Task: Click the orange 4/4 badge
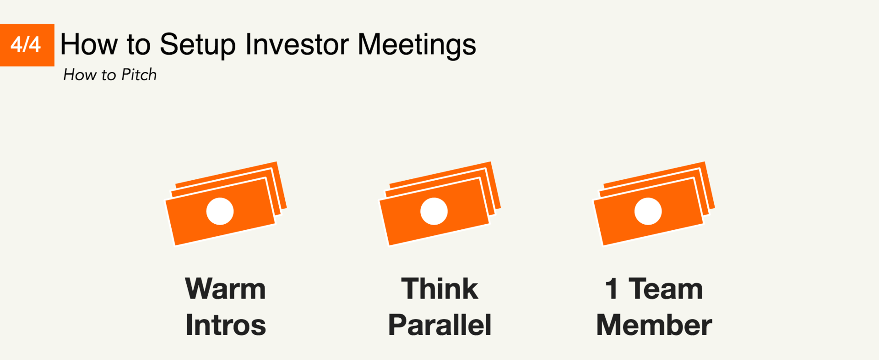pos(27,45)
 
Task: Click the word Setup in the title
pos(198,45)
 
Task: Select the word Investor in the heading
pos(297,44)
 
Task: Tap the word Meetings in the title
pos(417,45)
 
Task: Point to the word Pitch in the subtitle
pos(139,74)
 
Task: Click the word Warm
pos(225,289)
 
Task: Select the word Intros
pos(226,325)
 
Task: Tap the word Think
pos(439,289)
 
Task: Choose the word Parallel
pos(439,325)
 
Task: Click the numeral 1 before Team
pos(612,289)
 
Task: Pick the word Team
pos(666,289)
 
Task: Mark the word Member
pos(654,325)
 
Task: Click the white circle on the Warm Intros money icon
pos(220,211)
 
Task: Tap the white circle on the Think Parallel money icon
pos(434,211)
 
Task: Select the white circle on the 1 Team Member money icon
pos(648,211)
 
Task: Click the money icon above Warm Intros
pos(226,204)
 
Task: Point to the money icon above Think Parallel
pos(440,204)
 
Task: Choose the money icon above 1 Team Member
pos(654,204)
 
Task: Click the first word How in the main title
pos(89,44)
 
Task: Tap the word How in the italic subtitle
pos(80,74)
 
